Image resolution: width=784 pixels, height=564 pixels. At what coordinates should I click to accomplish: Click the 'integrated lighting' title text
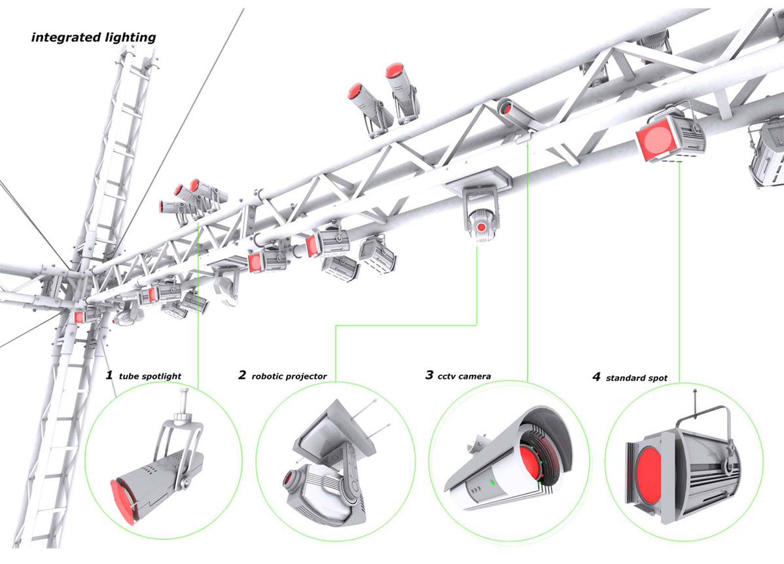tap(94, 37)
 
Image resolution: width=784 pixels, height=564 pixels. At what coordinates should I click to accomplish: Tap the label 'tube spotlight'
tap(150, 376)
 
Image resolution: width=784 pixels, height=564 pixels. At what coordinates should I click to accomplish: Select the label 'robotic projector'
tap(289, 376)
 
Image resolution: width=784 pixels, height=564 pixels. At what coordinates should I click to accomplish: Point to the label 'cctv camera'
tap(466, 376)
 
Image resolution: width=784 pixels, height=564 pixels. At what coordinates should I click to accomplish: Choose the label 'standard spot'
tap(636, 378)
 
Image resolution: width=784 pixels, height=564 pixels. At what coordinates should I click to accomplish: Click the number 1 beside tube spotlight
tap(109, 376)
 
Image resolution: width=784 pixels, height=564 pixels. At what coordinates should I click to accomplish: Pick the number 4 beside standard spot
tap(596, 377)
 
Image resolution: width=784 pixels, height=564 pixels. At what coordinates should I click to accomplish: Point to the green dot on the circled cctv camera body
tap(491, 483)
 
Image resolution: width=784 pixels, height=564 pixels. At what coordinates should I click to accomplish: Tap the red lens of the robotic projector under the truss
tap(482, 227)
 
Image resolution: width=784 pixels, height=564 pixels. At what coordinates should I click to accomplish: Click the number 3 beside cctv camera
tap(429, 375)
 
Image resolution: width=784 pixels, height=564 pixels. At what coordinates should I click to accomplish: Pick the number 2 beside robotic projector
tap(242, 375)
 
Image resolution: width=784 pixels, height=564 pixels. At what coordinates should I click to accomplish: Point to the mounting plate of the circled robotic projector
tap(334, 429)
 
